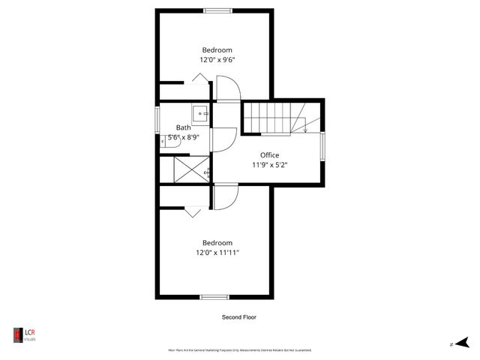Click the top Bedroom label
(217, 50)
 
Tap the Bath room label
(183, 127)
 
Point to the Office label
(269, 155)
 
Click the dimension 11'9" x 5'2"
(269, 165)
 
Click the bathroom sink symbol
(201, 114)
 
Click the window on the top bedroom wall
(217, 10)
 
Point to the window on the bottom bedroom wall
(214, 297)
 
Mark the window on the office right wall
(323, 146)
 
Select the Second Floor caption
(238, 317)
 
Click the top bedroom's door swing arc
(229, 90)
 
